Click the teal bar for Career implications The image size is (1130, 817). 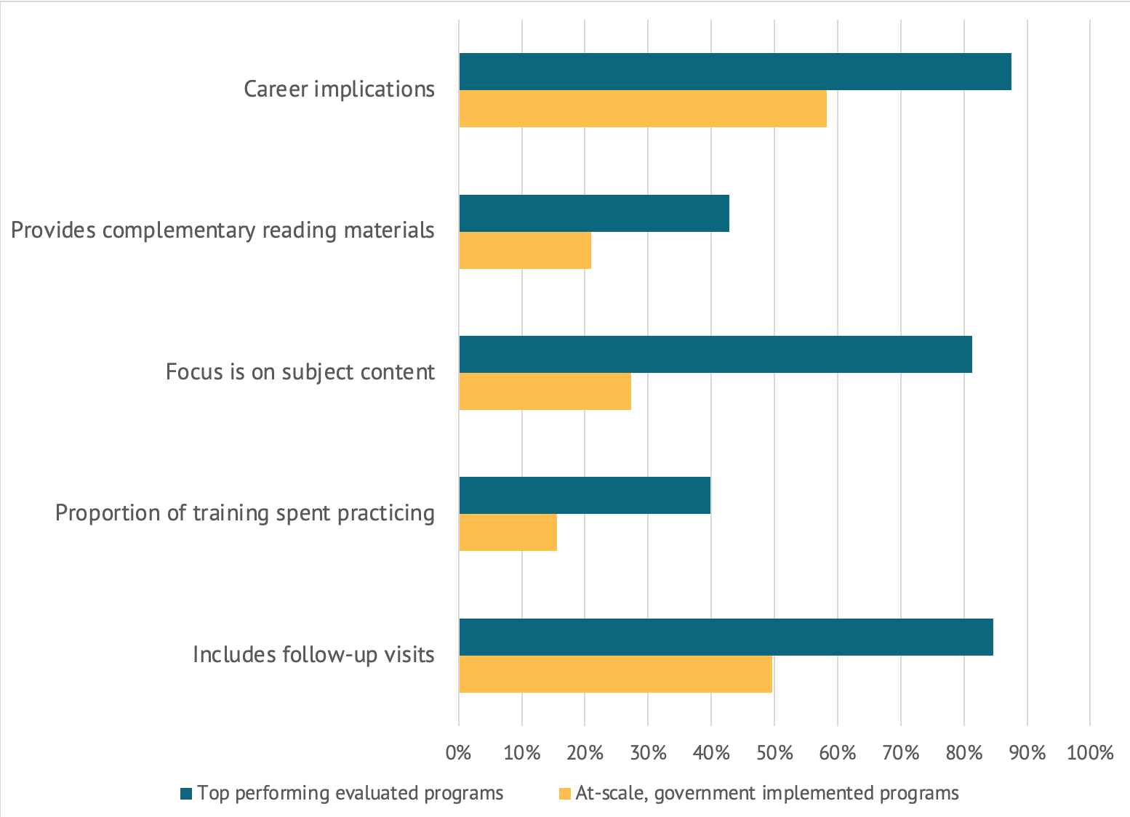[734, 71]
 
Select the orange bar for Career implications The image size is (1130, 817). [642, 109]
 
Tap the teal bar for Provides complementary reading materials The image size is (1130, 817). [593, 213]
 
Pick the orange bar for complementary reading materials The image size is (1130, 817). [524, 251]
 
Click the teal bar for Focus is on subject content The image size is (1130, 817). [715, 354]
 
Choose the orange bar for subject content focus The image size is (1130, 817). [545, 392]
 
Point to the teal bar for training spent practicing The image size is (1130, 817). [584, 495]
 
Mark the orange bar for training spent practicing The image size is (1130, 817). [508, 533]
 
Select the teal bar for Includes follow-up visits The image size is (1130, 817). [726, 637]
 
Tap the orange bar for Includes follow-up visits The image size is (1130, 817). [615, 675]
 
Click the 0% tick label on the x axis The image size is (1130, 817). [458, 752]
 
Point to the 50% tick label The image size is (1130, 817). [774, 752]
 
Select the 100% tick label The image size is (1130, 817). [1089, 752]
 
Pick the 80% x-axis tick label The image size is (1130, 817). [963, 752]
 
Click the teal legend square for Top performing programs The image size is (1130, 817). [186, 793]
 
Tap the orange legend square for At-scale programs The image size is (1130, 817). [564, 793]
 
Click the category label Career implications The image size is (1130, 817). [339, 89]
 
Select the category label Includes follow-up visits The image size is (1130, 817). [313, 655]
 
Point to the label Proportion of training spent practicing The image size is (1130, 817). [245, 513]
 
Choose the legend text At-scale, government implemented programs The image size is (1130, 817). [766, 793]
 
